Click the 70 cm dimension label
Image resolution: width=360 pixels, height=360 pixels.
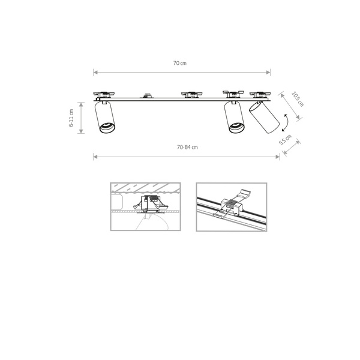point(181,62)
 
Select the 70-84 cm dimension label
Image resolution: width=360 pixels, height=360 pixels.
point(187,147)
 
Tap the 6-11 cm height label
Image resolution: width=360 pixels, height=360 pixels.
point(71,119)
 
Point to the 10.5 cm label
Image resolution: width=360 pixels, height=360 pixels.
point(297,98)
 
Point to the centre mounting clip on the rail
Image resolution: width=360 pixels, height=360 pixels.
point(190,94)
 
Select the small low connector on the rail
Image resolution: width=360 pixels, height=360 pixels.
point(147,95)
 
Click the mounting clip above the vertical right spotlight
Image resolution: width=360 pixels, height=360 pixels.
point(233,93)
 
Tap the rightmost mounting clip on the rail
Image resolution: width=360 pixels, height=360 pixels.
point(262,94)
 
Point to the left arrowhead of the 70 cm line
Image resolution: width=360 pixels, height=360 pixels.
point(95,72)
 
